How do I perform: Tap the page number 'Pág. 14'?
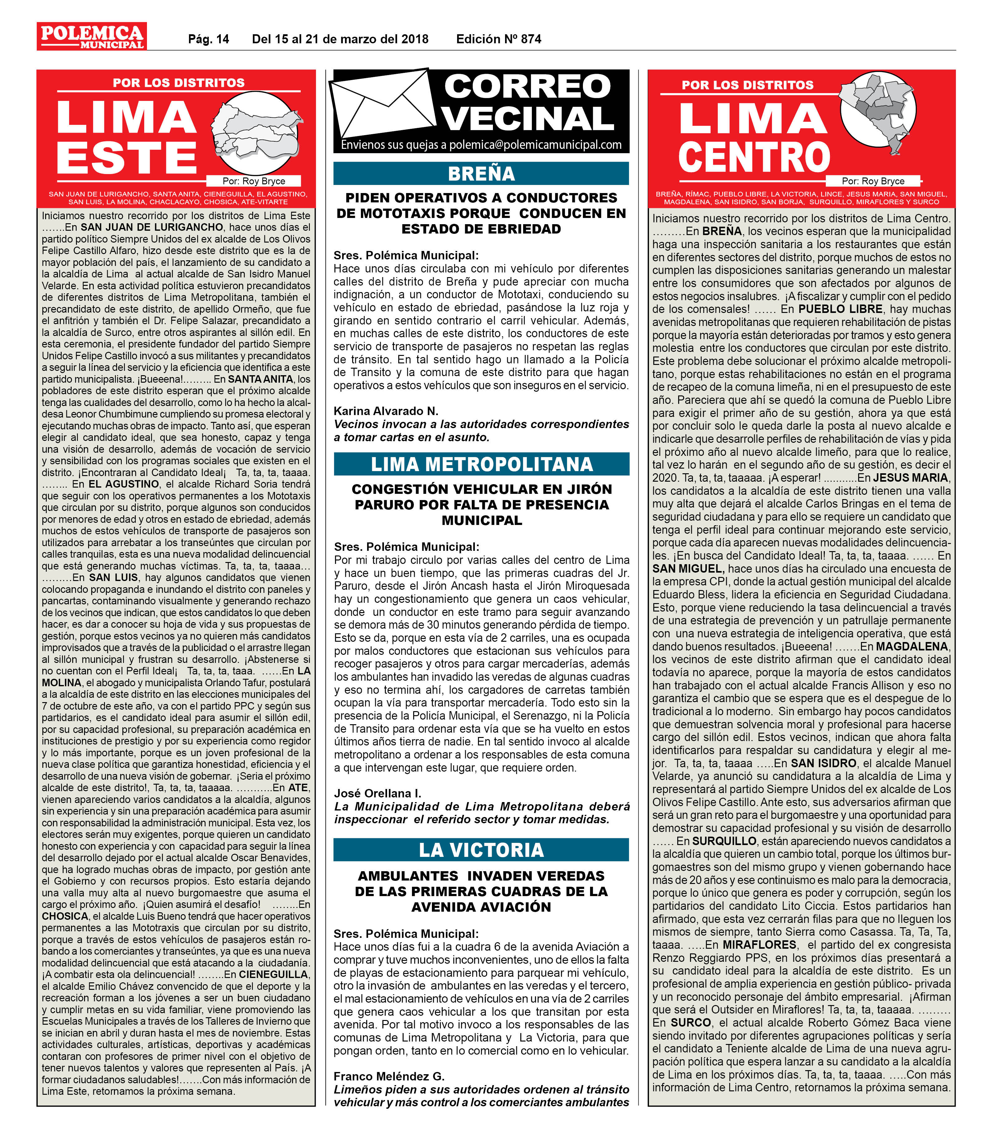point(208,39)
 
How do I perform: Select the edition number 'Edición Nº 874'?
point(498,39)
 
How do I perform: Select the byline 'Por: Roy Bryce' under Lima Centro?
point(872,181)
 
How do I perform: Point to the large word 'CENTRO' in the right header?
point(754,158)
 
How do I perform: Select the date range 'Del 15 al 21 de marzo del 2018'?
point(340,39)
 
